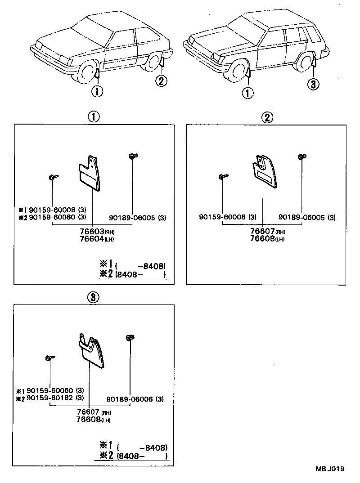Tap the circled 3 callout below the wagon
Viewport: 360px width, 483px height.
point(313,84)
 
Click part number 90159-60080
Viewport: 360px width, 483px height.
point(54,217)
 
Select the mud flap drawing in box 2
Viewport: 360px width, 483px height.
point(264,173)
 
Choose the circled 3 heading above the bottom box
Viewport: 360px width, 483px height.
point(92,297)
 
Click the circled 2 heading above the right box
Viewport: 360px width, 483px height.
point(267,118)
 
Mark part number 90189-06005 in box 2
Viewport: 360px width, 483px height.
point(306,218)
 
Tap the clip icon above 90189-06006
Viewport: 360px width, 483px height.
point(130,338)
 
